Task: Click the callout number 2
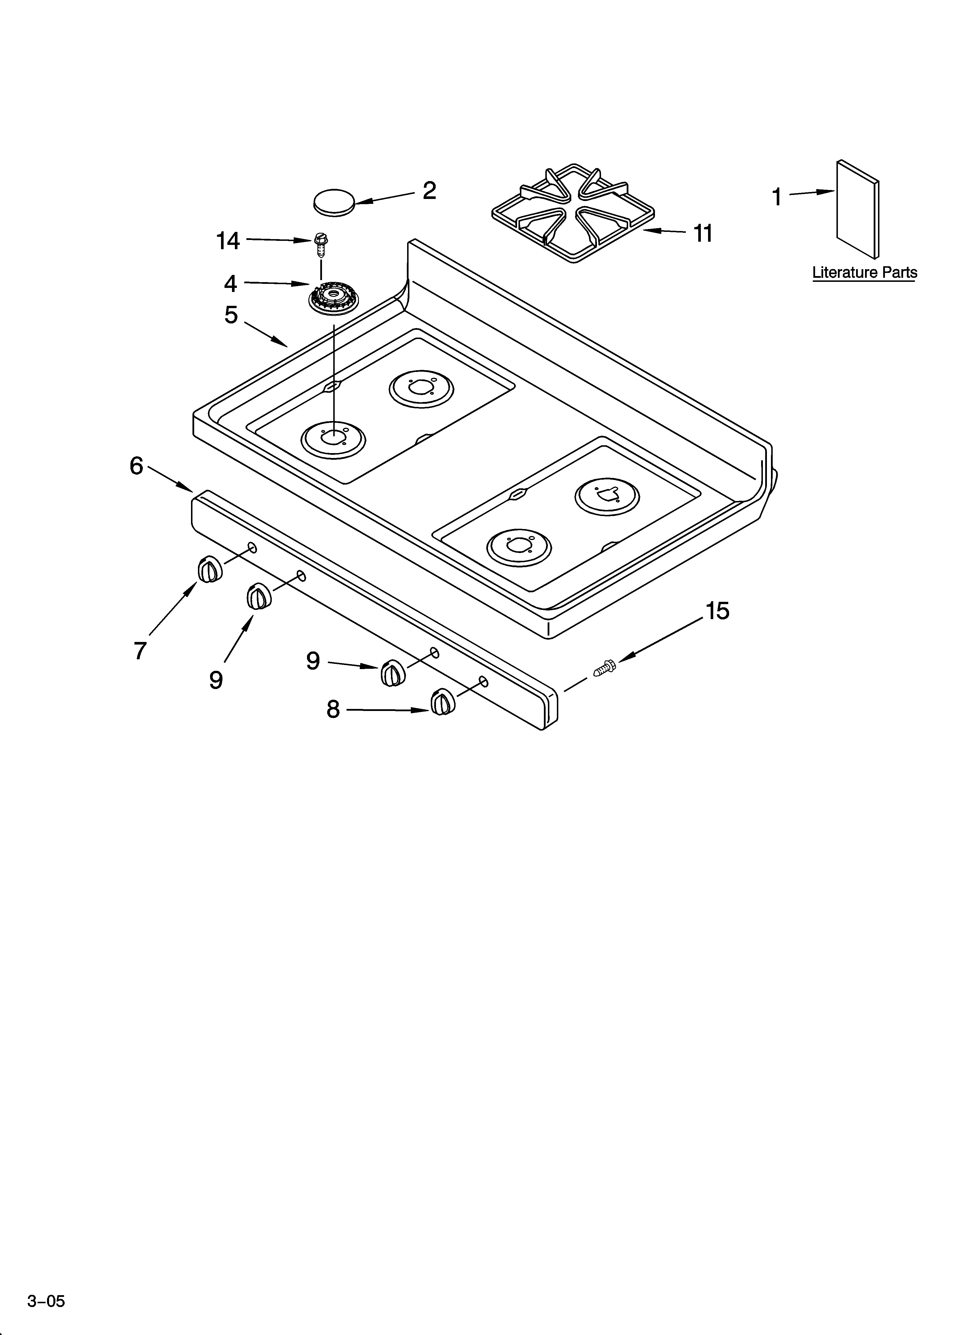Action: click(x=429, y=191)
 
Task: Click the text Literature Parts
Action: click(x=864, y=273)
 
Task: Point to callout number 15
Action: click(x=717, y=611)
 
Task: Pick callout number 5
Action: click(x=231, y=315)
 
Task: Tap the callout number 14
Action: click(x=228, y=241)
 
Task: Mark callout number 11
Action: click(x=703, y=234)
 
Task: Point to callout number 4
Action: click(x=231, y=284)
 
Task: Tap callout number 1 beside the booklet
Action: click(x=777, y=197)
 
